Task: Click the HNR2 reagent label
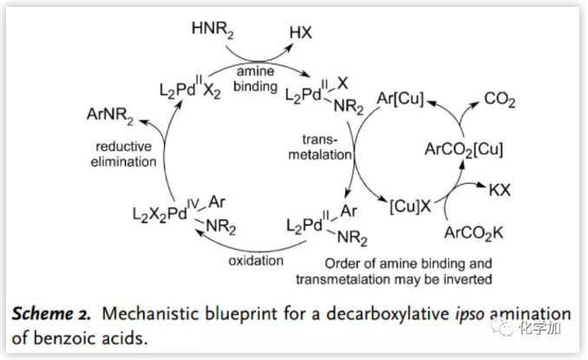tap(214, 33)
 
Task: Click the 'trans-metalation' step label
tap(324, 147)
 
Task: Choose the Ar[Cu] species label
tap(399, 101)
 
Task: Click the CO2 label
tap(500, 101)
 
